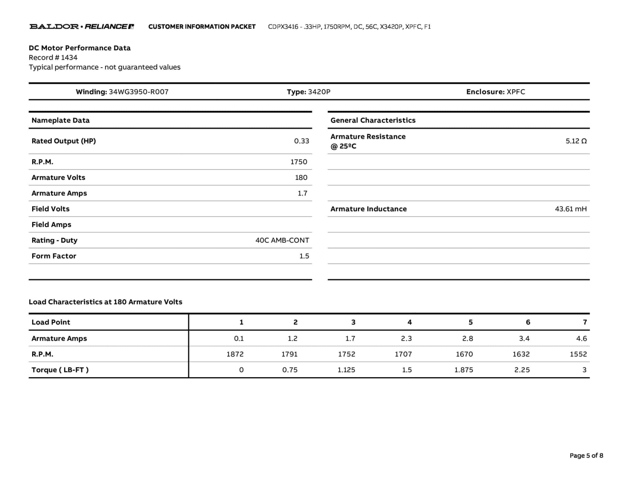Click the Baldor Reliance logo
point(81,27)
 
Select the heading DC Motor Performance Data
point(80,48)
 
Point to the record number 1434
point(69,57)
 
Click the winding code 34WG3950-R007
point(139,92)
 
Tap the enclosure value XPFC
point(516,92)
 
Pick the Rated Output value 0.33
point(301,141)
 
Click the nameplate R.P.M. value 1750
point(298,162)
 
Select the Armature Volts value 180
point(301,178)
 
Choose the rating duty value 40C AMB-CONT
point(282,240)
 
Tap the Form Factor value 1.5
point(304,256)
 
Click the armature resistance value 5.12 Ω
point(576,141)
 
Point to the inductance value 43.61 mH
point(571,209)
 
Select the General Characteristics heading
point(373,120)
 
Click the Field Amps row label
point(51,225)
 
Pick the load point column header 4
point(409,322)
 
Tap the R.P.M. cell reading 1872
point(235,354)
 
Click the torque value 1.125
point(346,370)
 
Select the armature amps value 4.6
point(581,338)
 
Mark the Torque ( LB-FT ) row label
point(60,370)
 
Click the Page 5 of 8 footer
point(586,456)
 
